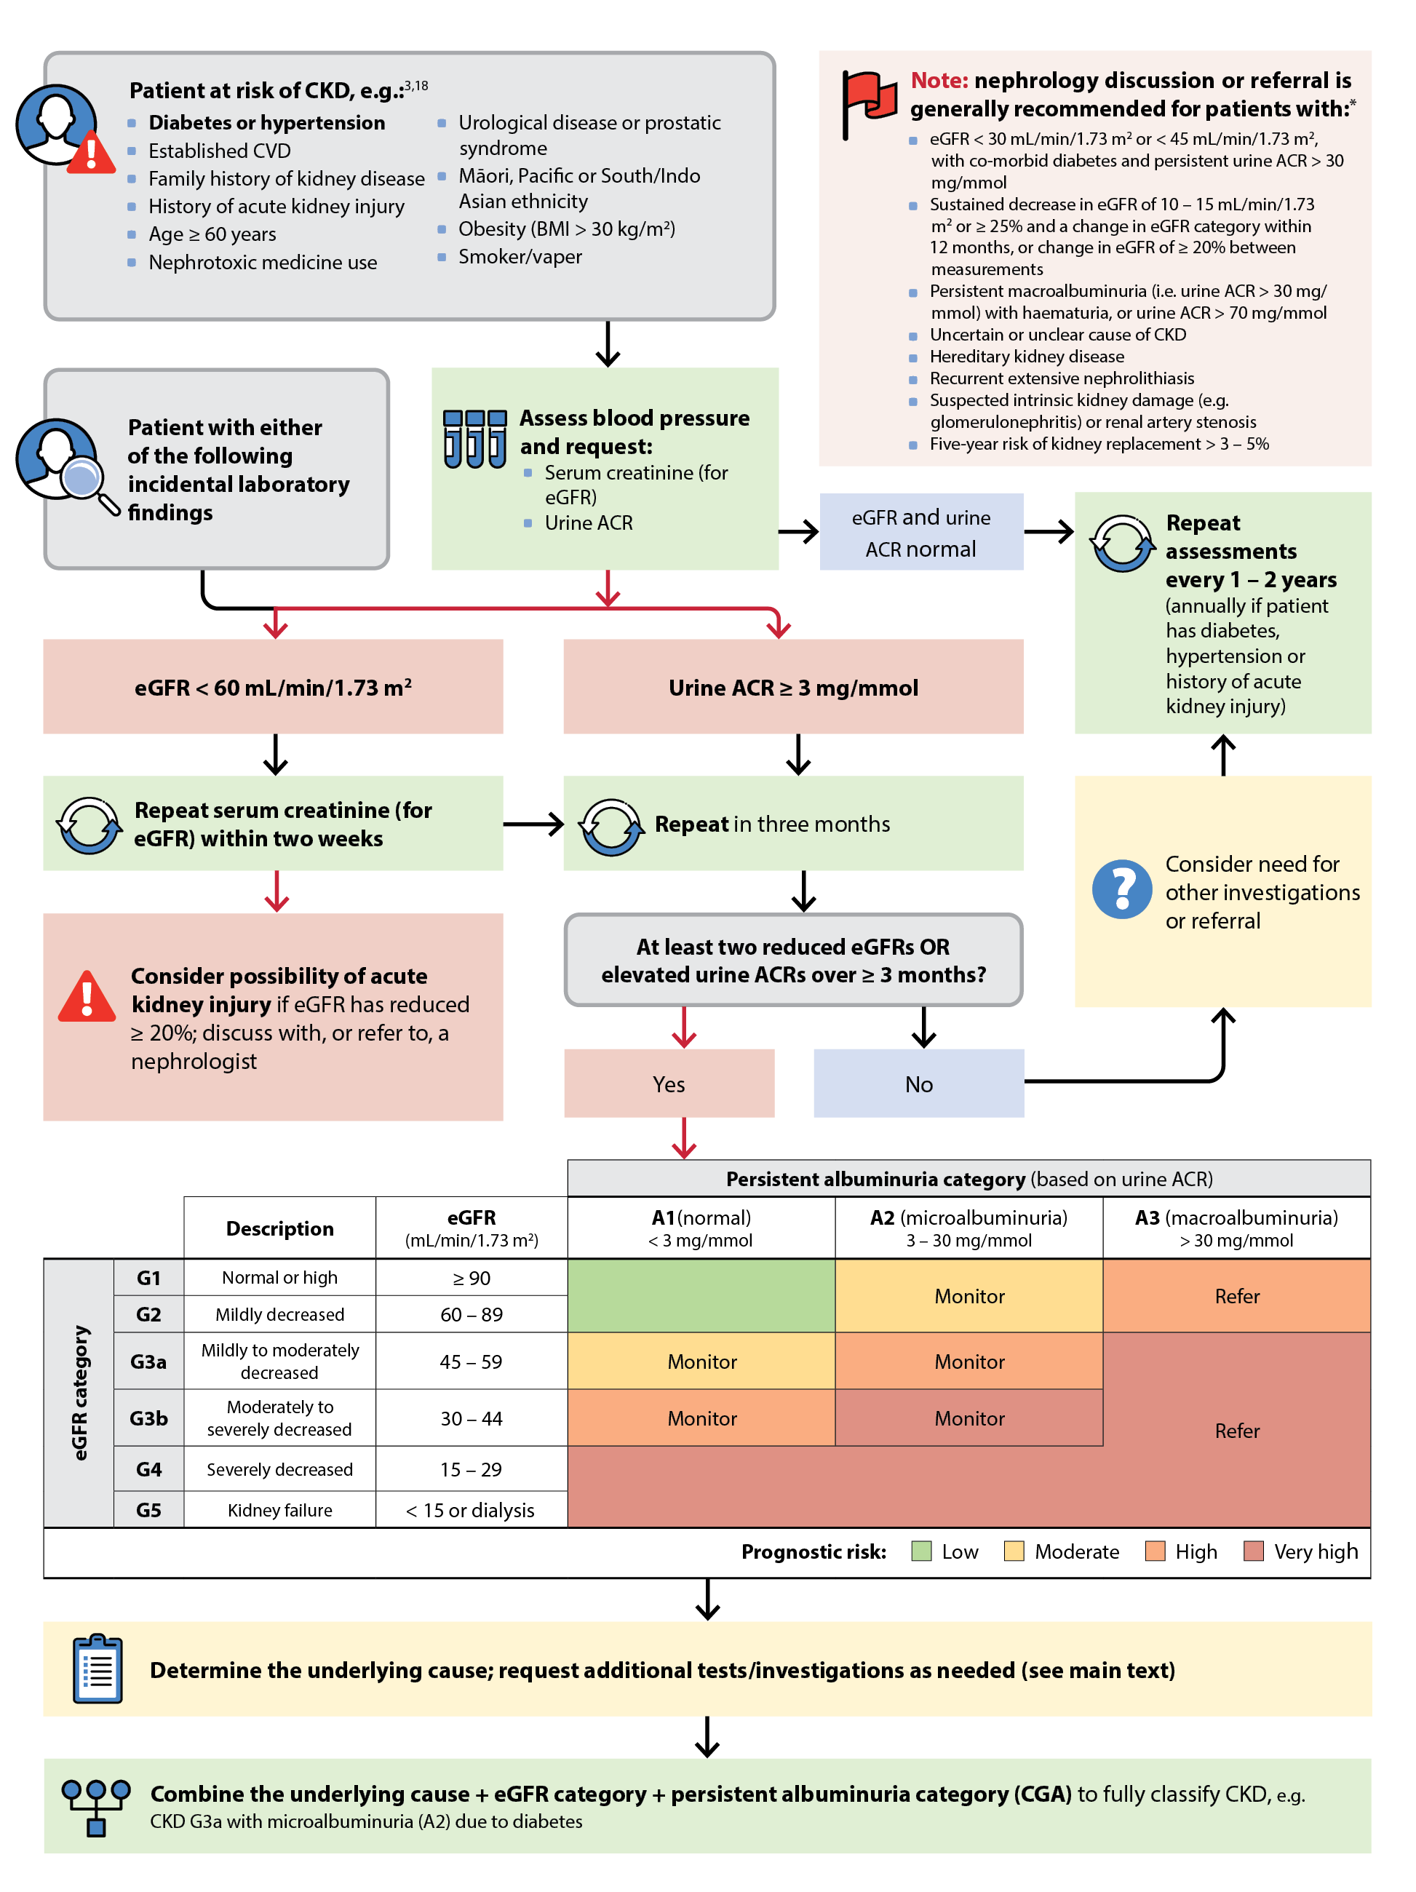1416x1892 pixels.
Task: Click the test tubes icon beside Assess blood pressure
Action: pyautogui.click(x=474, y=438)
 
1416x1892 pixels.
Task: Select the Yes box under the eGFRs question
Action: pyautogui.click(x=669, y=1083)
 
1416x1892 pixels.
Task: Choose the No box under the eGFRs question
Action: pyautogui.click(x=918, y=1083)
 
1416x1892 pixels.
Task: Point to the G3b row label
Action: pyautogui.click(x=148, y=1418)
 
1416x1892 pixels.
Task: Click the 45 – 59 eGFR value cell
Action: pyautogui.click(x=470, y=1361)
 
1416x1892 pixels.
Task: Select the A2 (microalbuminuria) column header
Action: pyautogui.click(x=968, y=1227)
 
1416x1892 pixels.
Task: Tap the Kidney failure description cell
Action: pyautogui.click(x=279, y=1510)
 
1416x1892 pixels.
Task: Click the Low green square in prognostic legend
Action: pyautogui.click(x=921, y=1551)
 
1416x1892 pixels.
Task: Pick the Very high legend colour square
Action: pyautogui.click(x=1253, y=1551)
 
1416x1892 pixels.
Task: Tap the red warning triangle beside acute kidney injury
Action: pyautogui.click(x=87, y=998)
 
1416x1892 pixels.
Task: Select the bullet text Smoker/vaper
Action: pyautogui.click(x=519, y=257)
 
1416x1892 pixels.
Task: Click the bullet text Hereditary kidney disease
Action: pyautogui.click(x=1026, y=356)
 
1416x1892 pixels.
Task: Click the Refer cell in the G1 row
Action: pyautogui.click(x=1236, y=1295)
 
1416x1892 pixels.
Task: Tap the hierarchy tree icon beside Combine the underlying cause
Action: pyautogui.click(x=96, y=1805)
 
